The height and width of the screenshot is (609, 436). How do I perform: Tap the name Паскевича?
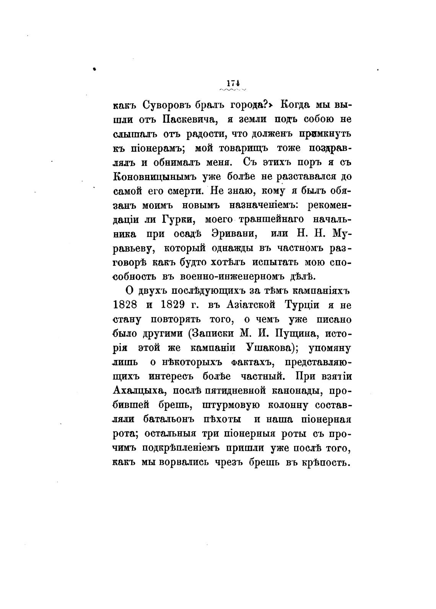click(190, 119)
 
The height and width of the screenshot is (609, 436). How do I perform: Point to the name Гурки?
click(178, 220)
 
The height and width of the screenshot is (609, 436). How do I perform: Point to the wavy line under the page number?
click(233, 90)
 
